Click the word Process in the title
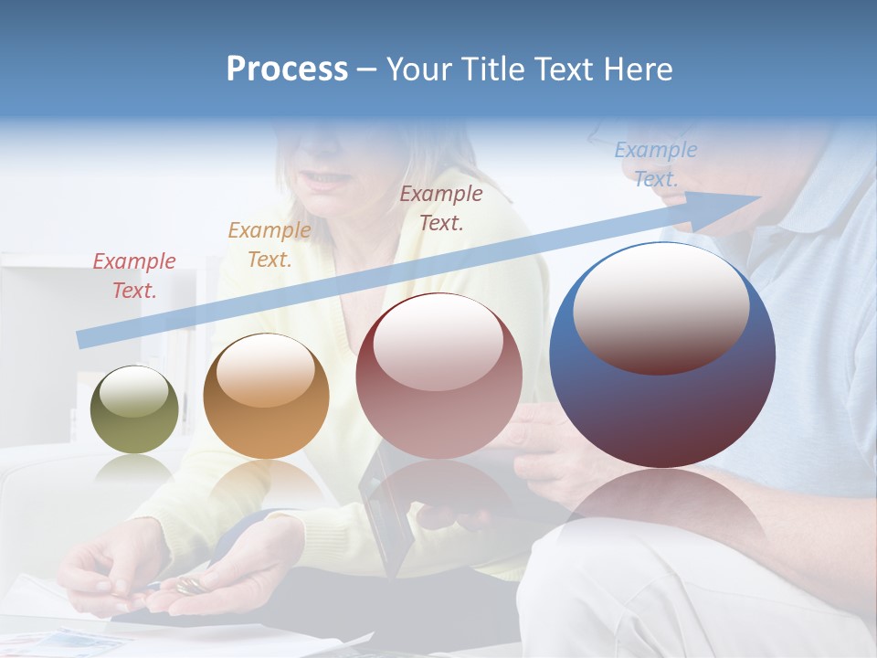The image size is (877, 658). (287, 69)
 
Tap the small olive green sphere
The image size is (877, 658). (134, 409)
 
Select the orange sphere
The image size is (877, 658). (266, 396)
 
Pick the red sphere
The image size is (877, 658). (438, 376)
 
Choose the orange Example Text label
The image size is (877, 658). (269, 245)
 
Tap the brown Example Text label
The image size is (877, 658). (441, 207)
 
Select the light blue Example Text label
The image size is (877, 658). (655, 164)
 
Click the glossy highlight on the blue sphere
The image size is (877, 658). (660, 306)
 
